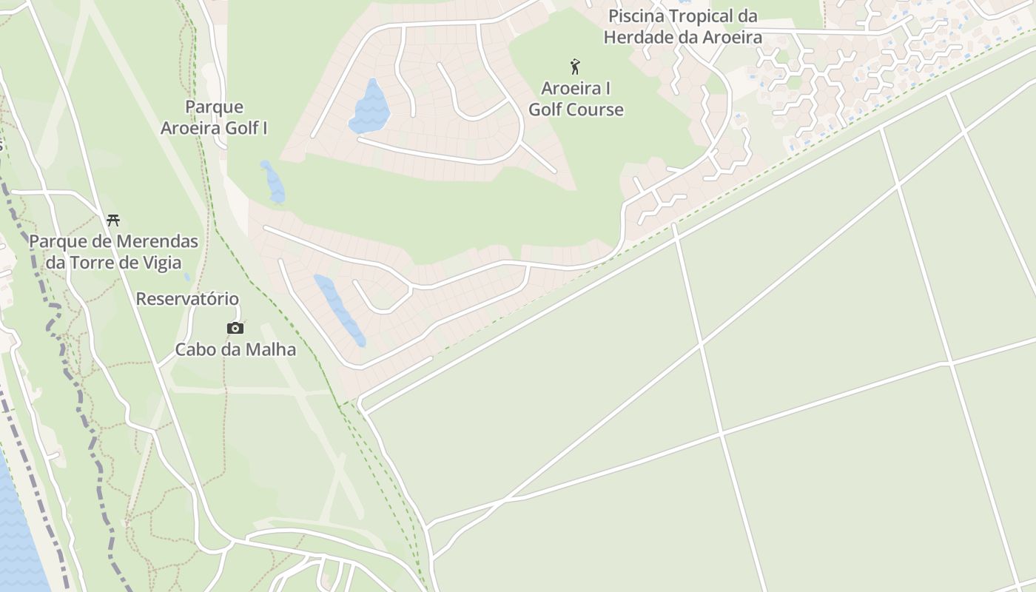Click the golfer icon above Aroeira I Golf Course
pos(575,67)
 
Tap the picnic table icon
pos(113,220)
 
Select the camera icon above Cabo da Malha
pos(235,328)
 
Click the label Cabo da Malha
pos(235,349)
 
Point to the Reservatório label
pos(187,299)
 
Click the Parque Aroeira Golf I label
pos(214,118)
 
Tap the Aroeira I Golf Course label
pos(576,99)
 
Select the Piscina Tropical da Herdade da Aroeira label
pos(682,27)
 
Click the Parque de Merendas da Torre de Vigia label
pos(113,252)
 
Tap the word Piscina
pos(636,16)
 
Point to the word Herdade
pos(639,37)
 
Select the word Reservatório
pos(187,299)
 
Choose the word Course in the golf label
pos(595,110)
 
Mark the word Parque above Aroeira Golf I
pos(214,107)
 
